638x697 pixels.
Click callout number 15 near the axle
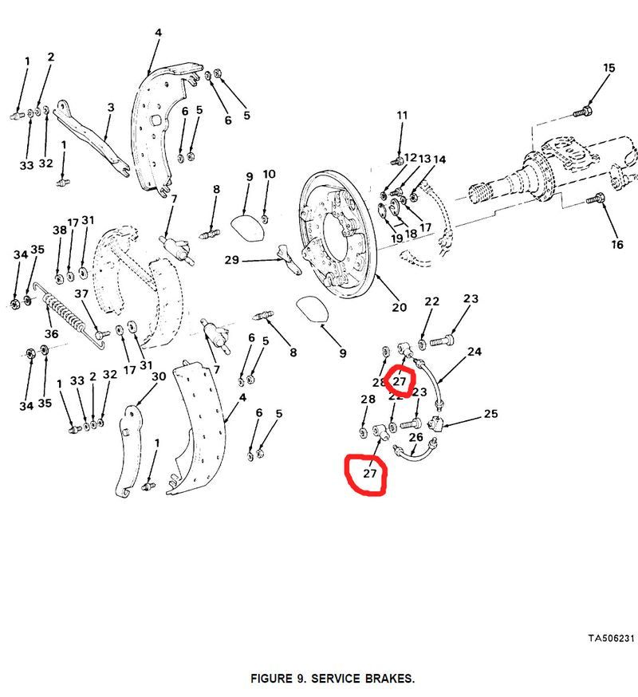click(x=608, y=69)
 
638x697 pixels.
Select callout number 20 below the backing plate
click(x=399, y=307)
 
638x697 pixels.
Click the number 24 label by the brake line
click(x=475, y=351)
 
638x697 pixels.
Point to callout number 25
click(x=490, y=414)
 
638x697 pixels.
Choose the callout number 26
click(x=416, y=437)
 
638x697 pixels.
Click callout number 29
click(x=232, y=260)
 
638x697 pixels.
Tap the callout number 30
click(x=158, y=377)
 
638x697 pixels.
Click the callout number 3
click(x=111, y=107)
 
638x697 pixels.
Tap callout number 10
click(x=269, y=174)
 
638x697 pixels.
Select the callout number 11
click(x=402, y=116)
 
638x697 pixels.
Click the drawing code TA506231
click(x=611, y=638)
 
